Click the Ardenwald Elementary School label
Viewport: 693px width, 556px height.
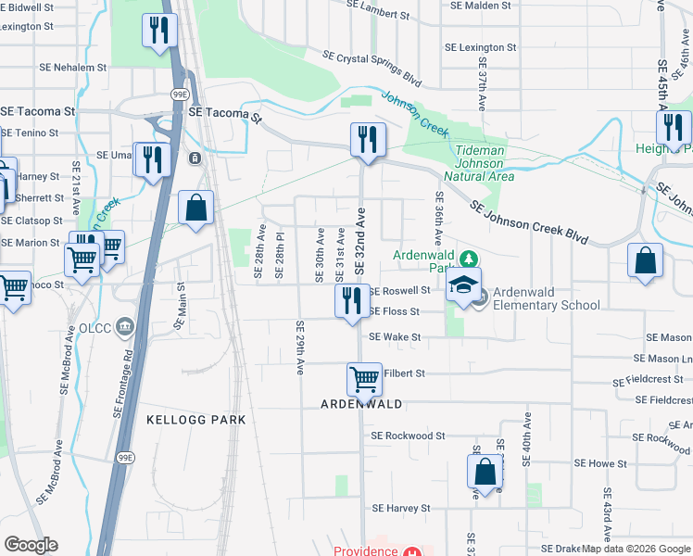(545, 298)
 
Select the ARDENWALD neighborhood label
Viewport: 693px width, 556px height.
(361, 405)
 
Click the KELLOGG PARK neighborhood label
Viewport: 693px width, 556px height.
(196, 420)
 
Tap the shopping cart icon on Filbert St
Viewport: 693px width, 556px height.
(364, 378)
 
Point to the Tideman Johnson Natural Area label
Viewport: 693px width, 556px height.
(479, 163)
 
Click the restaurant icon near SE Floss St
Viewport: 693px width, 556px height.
(352, 300)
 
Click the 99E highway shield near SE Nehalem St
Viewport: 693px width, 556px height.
(179, 95)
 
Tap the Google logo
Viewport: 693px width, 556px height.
(31, 545)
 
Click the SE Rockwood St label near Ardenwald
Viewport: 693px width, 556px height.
(408, 436)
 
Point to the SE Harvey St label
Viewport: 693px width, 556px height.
(401, 509)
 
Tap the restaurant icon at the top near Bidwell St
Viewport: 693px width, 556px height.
(159, 30)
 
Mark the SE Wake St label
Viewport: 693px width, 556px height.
(395, 338)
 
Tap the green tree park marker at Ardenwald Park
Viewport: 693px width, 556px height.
(469, 257)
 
